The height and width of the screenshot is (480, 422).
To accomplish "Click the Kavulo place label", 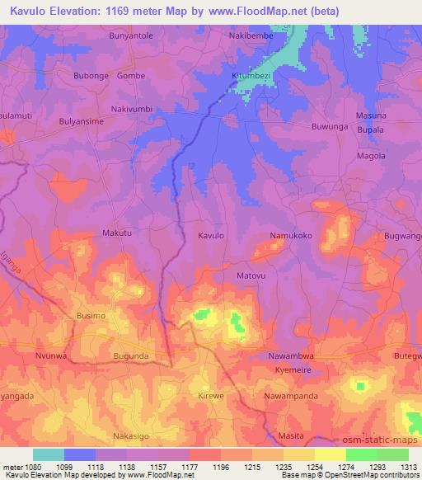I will point(211,236).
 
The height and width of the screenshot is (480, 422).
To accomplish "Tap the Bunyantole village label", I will point(132,36).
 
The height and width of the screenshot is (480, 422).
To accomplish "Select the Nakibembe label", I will point(251,36).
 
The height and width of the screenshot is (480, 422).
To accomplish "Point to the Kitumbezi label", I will point(251,75).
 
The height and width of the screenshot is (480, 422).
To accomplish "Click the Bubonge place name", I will point(91,76).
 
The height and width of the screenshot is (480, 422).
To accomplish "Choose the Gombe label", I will point(131,76).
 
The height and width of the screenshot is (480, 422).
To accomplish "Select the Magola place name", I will point(371,156).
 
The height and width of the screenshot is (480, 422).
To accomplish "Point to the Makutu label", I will point(116,233).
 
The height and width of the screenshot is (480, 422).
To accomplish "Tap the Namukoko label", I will point(292,236).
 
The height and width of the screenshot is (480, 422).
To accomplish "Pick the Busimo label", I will point(91,316).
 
